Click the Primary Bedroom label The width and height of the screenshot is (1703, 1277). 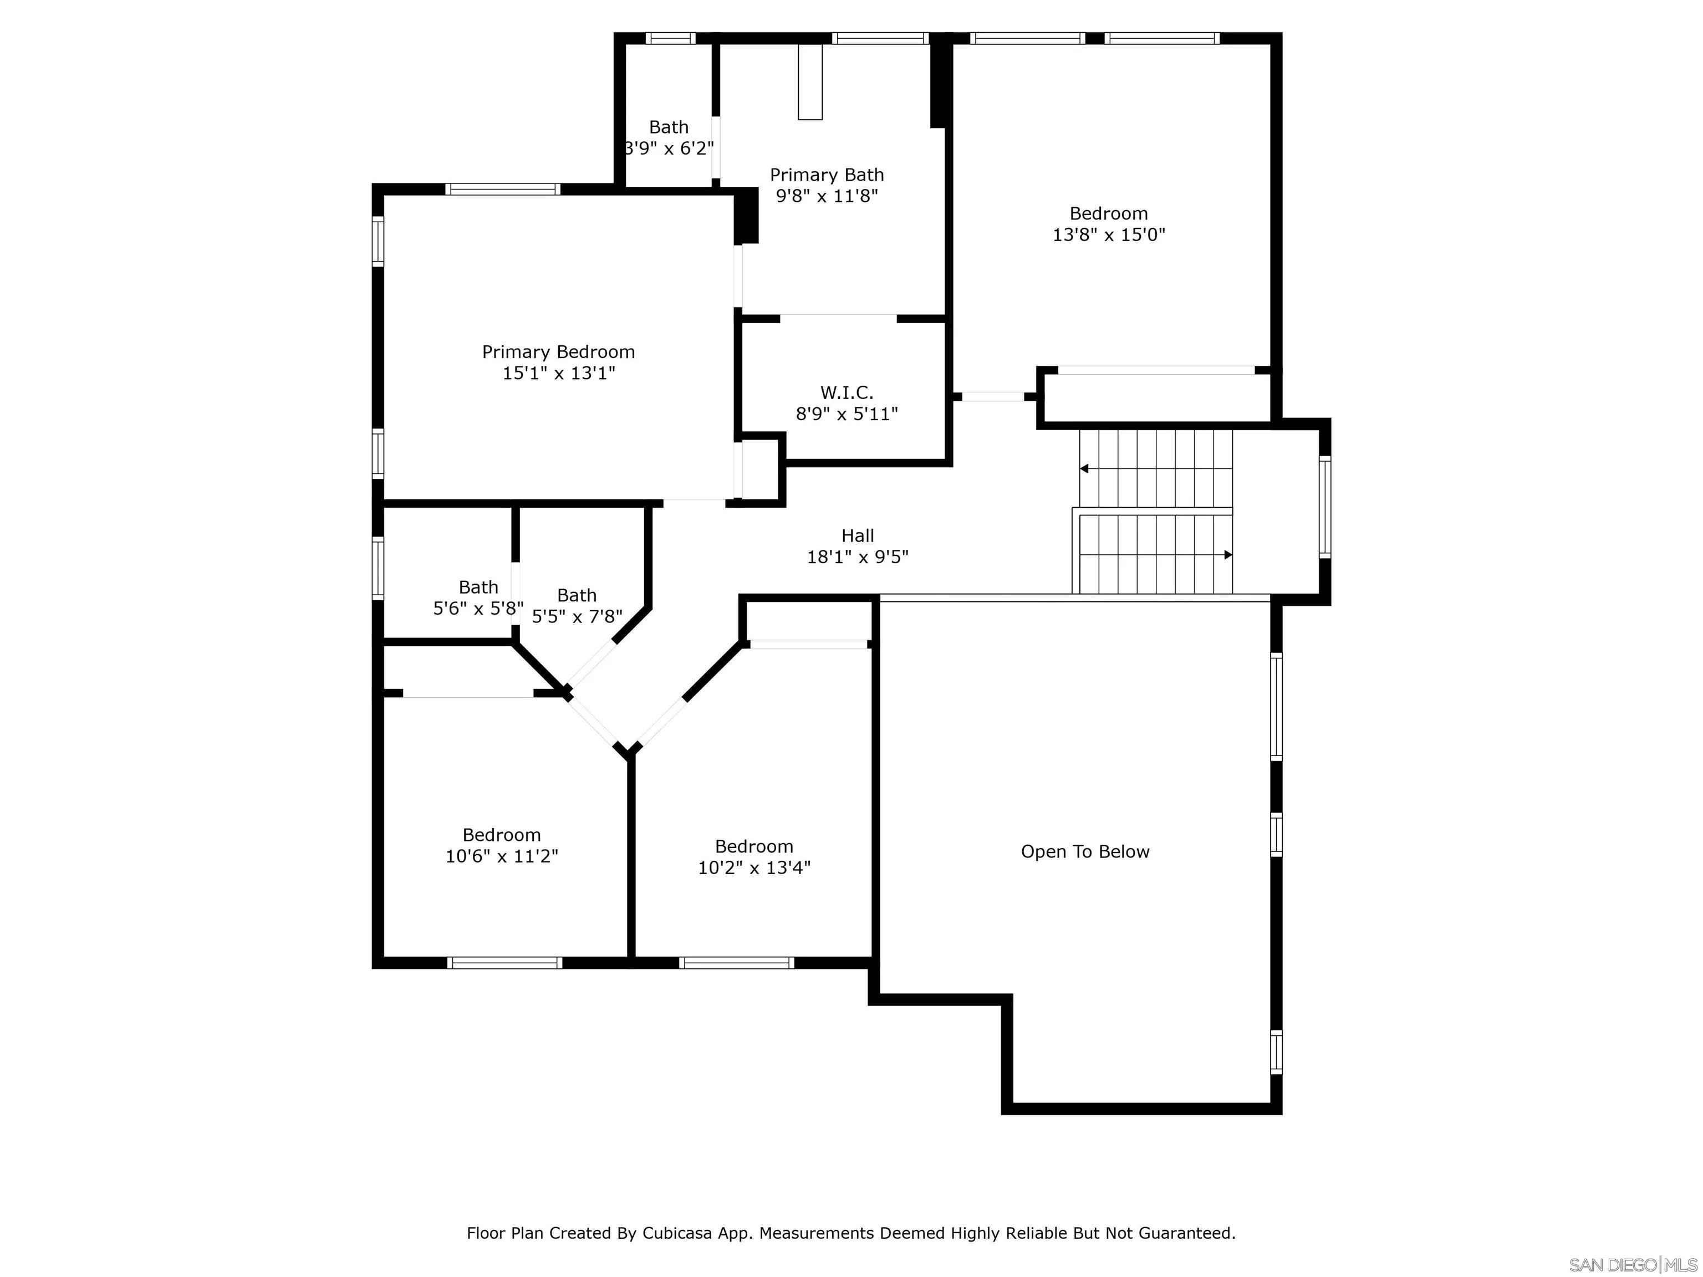558,352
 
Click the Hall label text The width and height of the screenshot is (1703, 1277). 857,536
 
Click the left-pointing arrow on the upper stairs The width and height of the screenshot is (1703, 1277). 1084,468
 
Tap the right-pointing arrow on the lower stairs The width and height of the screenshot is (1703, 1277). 1228,554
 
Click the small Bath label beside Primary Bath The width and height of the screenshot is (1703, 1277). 668,127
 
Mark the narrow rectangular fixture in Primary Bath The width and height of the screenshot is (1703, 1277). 810,81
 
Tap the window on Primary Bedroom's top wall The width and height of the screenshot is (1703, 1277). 502,188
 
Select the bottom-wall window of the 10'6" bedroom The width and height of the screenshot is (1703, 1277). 504,962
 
